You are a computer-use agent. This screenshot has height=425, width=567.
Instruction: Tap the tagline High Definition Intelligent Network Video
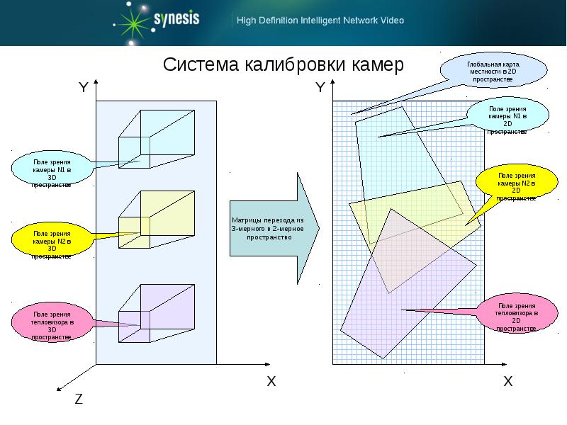coord(320,21)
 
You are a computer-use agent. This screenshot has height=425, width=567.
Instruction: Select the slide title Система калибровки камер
coord(283,65)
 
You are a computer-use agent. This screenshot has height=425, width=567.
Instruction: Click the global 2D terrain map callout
coord(494,72)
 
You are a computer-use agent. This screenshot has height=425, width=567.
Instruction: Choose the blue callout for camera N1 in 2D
coord(507,117)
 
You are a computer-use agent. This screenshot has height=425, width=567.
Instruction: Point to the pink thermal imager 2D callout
coord(515,315)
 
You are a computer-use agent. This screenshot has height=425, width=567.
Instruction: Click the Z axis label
coord(79,399)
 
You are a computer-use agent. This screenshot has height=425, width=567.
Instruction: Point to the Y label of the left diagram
coord(83,88)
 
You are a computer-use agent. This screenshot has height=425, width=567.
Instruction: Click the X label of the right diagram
coord(507,381)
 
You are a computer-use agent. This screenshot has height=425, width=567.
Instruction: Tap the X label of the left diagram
coord(271,381)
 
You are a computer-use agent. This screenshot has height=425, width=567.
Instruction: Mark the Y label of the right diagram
coord(320,88)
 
